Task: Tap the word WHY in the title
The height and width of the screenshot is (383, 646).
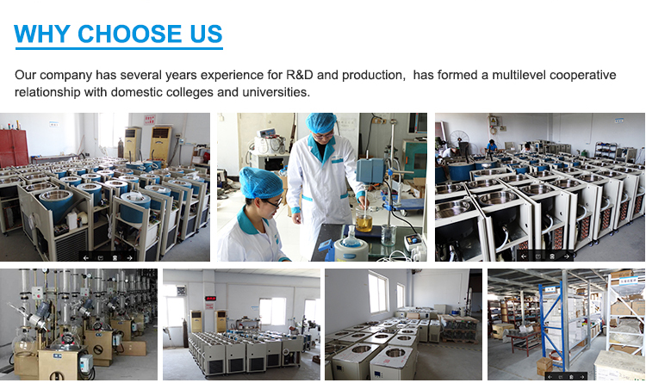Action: [43, 34]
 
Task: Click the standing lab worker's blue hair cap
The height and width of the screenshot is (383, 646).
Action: [323, 124]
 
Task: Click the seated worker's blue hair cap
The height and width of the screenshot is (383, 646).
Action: [260, 182]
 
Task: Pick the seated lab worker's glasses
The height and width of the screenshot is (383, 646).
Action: [270, 202]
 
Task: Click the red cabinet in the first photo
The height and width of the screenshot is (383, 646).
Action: [14, 147]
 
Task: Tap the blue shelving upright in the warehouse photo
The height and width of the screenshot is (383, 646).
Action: [564, 323]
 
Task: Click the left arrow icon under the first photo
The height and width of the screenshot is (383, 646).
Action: [86, 256]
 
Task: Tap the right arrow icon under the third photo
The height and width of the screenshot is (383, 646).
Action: [566, 256]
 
